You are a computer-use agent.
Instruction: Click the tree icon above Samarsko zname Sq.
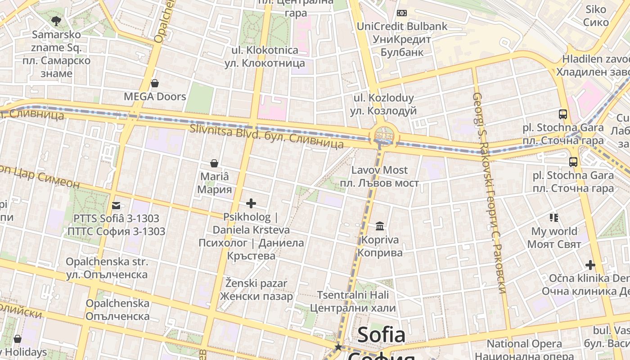(56, 20)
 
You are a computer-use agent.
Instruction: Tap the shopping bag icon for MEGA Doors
(155, 83)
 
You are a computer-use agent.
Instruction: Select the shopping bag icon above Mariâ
(214, 163)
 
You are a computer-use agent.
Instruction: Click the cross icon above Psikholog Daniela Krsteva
(251, 203)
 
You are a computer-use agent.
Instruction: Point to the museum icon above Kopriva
(380, 226)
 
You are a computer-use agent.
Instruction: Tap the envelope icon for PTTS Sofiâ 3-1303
(117, 206)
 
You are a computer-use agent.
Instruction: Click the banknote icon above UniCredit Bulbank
(402, 13)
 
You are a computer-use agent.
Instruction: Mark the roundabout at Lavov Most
(384, 135)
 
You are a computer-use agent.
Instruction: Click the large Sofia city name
(381, 335)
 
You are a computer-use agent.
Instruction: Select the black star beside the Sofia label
(338, 347)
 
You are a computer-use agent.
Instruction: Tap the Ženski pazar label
(256, 290)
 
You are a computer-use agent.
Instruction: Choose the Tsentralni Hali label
(353, 301)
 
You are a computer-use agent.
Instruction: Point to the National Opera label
(525, 344)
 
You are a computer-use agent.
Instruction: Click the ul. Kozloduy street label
(383, 104)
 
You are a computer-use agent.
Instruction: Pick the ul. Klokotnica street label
(265, 56)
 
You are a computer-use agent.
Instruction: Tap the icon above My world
(554, 218)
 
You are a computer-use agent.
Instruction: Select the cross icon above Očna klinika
(590, 265)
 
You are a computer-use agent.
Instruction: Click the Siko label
(596, 15)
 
